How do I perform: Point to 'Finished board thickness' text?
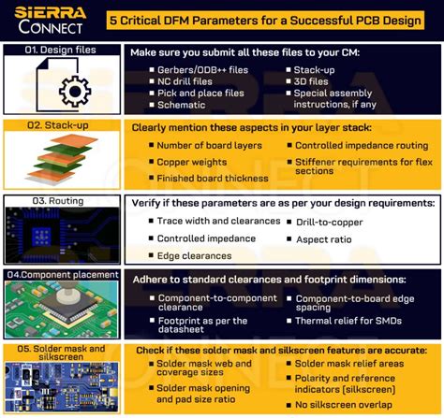(x=214, y=179)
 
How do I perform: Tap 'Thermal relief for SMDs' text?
(x=349, y=320)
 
